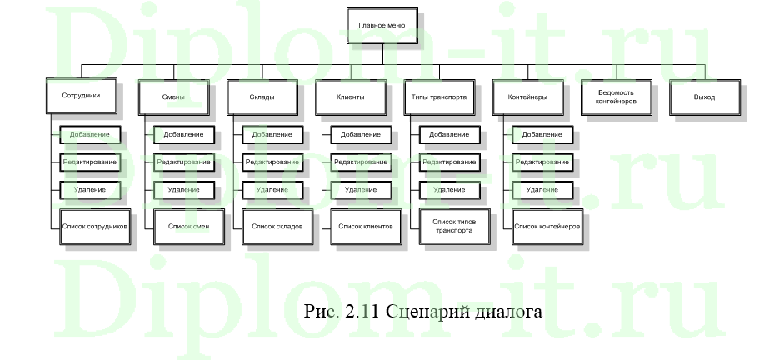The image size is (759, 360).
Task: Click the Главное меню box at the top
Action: coord(382,26)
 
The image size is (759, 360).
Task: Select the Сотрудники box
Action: coord(81,97)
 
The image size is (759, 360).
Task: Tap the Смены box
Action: coord(173,97)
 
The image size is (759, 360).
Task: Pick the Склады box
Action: coord(262,97)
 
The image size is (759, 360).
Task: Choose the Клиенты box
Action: coord(350,97)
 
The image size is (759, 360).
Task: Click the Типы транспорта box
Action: coord(439,97)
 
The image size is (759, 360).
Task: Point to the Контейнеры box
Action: coord(527,97)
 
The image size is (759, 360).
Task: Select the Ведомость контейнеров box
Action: coord(616,97)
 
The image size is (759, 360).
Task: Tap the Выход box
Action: coord(704,97)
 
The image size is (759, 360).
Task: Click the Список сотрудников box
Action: coord(94,226)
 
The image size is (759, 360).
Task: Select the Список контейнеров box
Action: coord(547,226)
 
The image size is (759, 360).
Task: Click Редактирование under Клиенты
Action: coord(361,162)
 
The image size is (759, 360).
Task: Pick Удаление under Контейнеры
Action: coord(542,190)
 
